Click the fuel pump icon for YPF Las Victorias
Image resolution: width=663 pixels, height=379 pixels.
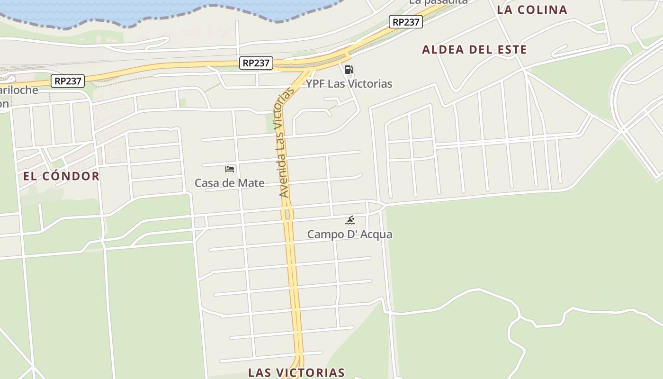point(349,70)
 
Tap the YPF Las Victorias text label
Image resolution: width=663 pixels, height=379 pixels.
point(349,84)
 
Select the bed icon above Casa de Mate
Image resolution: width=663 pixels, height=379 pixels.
point(230,169)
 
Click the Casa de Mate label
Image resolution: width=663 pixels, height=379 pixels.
point(230,183)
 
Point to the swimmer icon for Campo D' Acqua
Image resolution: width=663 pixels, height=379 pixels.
point(350,220)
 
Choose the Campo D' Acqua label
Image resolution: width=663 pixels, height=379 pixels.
point(349,234)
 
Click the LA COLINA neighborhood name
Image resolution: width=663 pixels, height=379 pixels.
point(532,10)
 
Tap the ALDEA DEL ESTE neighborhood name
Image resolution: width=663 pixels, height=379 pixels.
point(474,50)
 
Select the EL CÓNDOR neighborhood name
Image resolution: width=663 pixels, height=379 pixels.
point(61,176)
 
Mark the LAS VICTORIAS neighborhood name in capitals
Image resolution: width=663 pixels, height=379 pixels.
point(296,372)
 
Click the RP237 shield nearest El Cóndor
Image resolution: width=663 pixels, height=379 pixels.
point(68,81)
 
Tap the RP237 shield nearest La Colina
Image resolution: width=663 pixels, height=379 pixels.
point(406,22)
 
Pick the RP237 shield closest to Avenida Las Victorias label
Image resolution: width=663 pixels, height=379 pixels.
point(256,63)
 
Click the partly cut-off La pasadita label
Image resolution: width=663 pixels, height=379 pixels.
point(438,2)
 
